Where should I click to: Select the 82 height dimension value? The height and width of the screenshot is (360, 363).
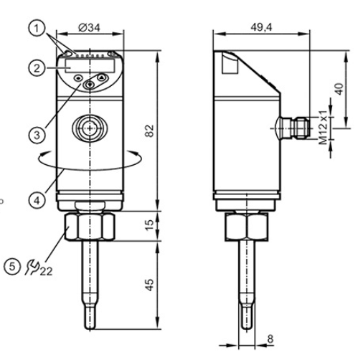(x=148, y=131)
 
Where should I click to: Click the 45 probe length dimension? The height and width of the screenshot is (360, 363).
(x=148, y=284)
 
